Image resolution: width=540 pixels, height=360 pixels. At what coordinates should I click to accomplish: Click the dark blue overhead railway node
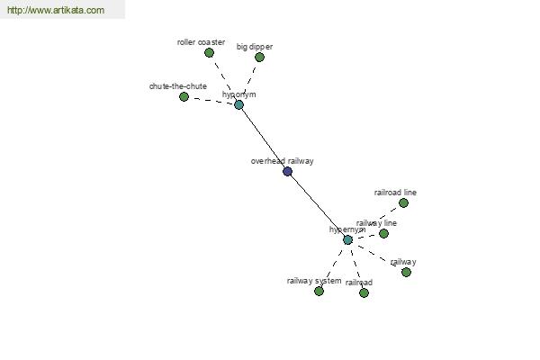pyautogui.click(x=287, y=171)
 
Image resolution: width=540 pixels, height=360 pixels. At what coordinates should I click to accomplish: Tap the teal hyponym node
pyautogui.click(x=238, y=104)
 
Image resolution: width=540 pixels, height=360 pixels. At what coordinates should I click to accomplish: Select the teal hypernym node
pyautogui.click(x=347, y=239)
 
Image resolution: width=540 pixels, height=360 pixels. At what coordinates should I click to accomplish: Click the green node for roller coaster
pyautogui.click(x=209, y=52)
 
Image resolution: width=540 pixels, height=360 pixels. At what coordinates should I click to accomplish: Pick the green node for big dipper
pyautogui.click(x=259, y=57)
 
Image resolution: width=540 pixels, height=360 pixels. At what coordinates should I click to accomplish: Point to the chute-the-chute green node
pyautogui.click(x=184, y=96)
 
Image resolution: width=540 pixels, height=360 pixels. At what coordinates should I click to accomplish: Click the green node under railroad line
pyautogui.click(x=403, y=202)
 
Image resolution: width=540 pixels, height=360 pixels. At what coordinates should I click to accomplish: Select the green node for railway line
pyautogui.click(x=383, y=233)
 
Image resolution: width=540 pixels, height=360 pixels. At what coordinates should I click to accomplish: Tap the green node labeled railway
pyautogui.click(x=406, y=272)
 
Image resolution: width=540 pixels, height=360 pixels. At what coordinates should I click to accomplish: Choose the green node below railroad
pyautogui.click(x=364, y=292)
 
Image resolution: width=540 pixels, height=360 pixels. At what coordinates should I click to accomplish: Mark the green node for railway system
pyautogui.click(x=319, y=291)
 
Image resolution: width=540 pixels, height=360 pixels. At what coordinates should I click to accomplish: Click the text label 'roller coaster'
pyautogui.click(x=201, y=41)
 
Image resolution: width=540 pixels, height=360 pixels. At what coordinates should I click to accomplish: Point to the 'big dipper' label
pyautogui.click(x=255, y=46)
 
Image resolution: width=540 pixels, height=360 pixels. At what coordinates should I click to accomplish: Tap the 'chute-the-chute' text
pyautogui.click(x=178, y=86)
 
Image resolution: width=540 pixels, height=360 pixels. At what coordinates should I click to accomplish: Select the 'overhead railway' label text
pyautogui.click(x=282, y=161)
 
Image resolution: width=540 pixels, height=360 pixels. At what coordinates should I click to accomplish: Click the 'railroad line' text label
pyautogui.click(x=395, y=193)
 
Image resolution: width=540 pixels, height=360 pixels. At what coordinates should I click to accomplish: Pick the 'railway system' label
pyautogui.click(x=314, y=281)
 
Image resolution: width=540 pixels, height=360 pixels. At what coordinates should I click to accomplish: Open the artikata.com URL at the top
pyautogui.click(x=55, y=11)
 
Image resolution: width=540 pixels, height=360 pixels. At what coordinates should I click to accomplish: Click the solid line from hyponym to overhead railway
pyautogui.click(x=263, y=138)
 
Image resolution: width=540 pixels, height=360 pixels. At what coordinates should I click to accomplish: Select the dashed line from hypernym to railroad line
pyautogui.click(x=375, y=220)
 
